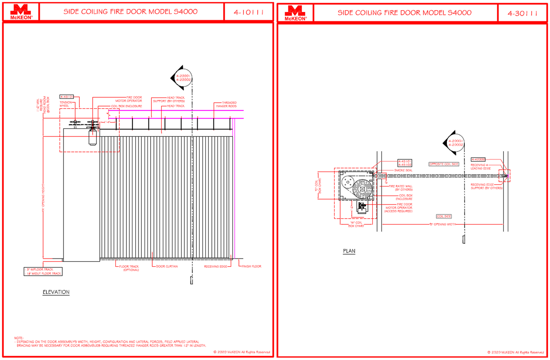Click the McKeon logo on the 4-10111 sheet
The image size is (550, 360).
point(21,12)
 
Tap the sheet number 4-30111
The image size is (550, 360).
point(522,13)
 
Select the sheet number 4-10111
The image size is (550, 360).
point(248,12)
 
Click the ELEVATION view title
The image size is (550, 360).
point(56,292)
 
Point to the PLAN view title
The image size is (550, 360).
point(349,251)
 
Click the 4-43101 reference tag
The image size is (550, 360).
point(66,96)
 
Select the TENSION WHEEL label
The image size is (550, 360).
point(65,104)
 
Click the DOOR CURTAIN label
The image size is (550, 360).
point(167,266)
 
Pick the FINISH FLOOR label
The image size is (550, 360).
point(251,266)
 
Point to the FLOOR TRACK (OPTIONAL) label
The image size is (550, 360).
point(129,268)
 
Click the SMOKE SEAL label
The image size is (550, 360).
point(403,170)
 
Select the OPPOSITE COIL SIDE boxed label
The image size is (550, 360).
point(444,164)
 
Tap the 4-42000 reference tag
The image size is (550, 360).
point(478,159)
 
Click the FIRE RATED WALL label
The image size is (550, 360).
point(401,188)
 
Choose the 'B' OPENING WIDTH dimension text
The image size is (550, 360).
point(443,224)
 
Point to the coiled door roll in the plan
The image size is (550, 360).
point(363,188)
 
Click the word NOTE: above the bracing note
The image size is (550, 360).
point(19,338)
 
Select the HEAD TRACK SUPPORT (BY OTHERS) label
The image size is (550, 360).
point(169,99)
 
